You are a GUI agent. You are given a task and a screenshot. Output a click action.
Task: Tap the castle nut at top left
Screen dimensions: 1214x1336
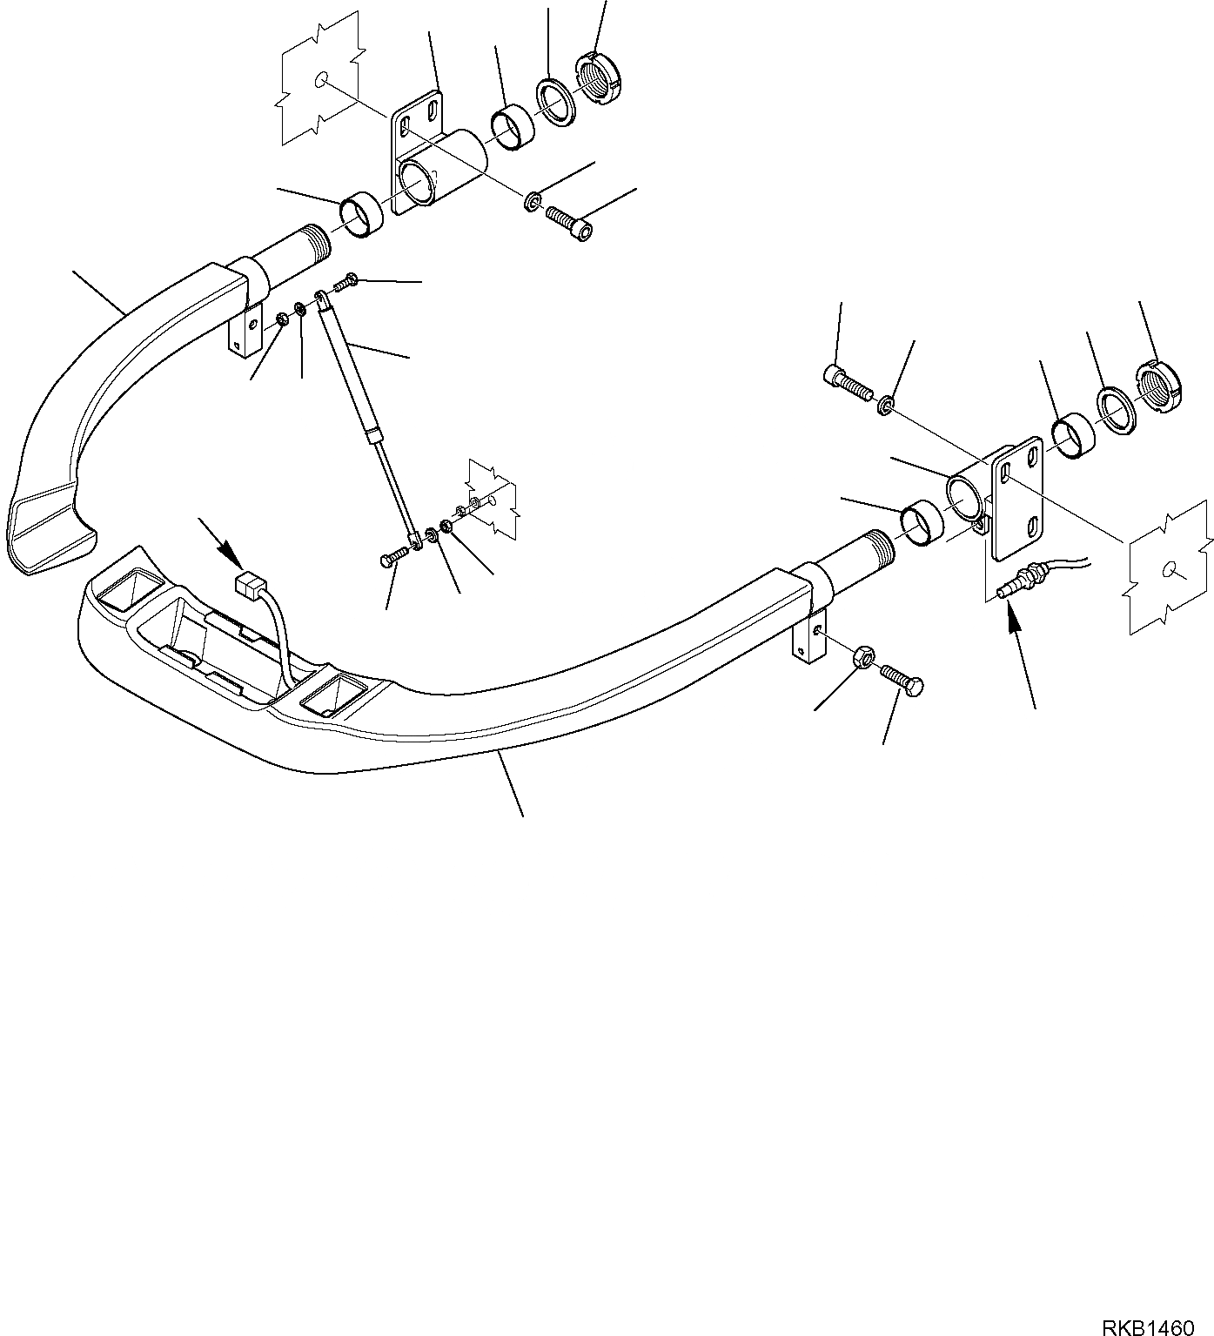(600, 77)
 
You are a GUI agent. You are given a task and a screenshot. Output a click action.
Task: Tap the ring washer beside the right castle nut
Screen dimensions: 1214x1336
(1113, 407)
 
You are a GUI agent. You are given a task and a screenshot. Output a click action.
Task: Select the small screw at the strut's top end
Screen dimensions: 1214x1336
(346, 280)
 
